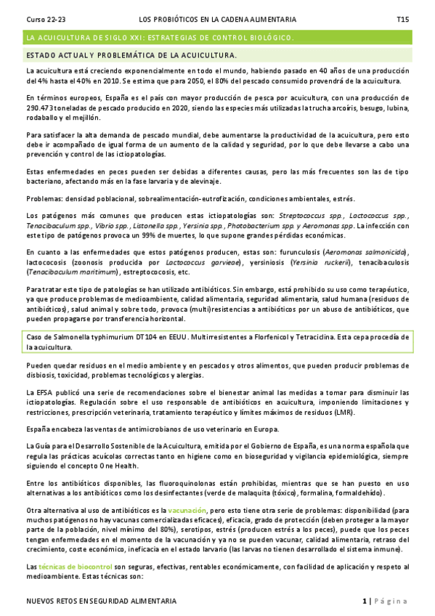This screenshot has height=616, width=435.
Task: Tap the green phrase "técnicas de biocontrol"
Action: pyautogui.click(x=74, y=567)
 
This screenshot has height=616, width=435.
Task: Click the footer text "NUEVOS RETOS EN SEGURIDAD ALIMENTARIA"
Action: pyautogui.click(x=101, y=601)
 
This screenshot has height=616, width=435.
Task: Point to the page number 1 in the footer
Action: pyautogui.click(x=365, y=601)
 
